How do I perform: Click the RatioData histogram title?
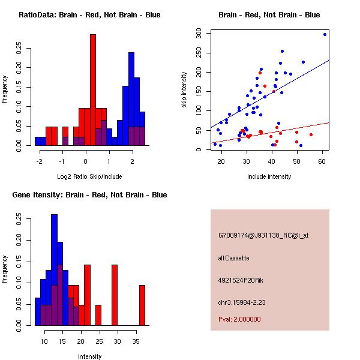click(x=89, y=15)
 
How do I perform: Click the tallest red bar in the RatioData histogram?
click(x=93, y=90)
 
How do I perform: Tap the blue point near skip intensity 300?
click(x=325, y=34)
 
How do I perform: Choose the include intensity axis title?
click(x=269, y=177)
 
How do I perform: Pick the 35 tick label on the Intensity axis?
click(x=135, y=340)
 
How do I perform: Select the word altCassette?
click(x=233, y=258)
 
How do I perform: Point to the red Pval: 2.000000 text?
click(x=239, y=319)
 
